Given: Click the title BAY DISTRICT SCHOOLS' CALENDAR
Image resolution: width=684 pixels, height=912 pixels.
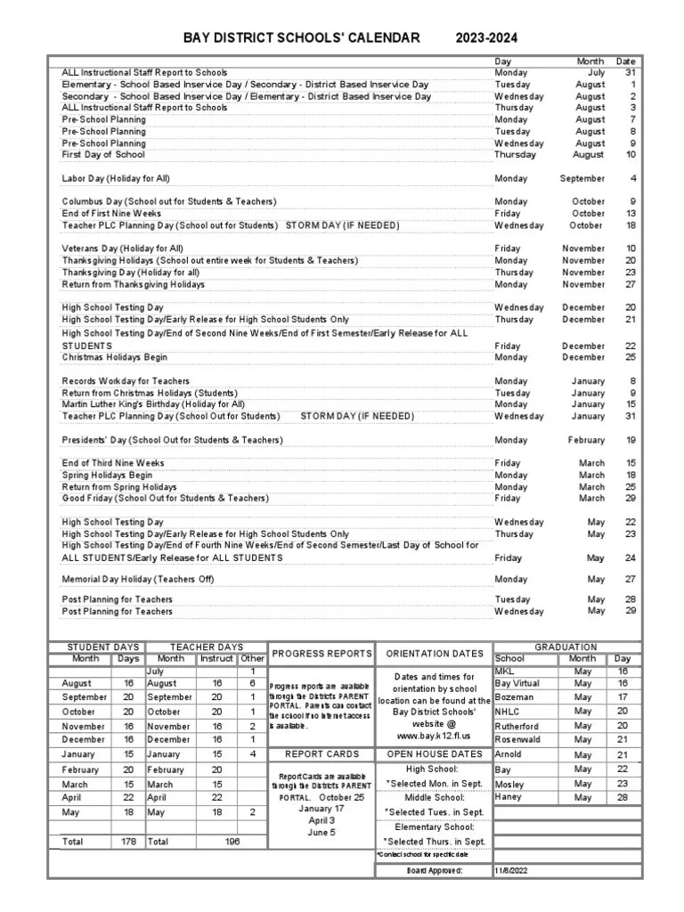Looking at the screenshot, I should coord(301,38).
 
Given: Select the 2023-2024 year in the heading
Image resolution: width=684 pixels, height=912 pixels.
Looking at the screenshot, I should coord(486,38).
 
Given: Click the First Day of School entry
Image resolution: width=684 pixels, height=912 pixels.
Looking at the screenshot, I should coord(102,155).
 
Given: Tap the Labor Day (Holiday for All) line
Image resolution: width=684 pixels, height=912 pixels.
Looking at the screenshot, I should coord(115,179).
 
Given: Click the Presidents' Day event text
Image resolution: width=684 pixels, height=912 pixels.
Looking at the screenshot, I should coord(172,440).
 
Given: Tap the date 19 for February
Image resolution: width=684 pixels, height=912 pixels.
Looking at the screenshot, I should coord(630,440).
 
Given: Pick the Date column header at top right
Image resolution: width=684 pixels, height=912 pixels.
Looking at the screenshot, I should coord(626,61).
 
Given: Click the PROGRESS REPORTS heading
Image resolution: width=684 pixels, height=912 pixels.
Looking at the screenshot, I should coord(322,654).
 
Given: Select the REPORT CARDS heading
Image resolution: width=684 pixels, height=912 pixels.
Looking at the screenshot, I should coord(322,753).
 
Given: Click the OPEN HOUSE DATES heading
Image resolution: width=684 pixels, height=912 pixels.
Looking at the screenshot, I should coord(435,753).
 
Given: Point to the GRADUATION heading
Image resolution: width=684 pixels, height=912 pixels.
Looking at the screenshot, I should coord(566,647).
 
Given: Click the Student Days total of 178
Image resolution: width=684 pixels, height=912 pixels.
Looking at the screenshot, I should coord(127,841).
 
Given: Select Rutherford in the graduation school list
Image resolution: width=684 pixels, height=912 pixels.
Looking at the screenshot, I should coord(517,725).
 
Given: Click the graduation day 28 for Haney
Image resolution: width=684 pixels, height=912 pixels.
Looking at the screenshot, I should coord(623,798).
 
